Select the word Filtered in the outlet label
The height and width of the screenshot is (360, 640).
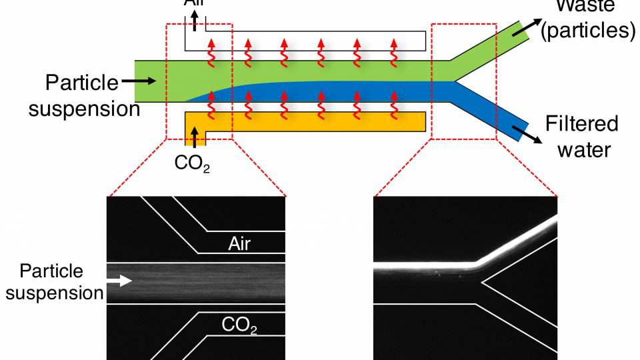coord(582,125)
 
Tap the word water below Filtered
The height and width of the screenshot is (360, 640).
coord(583,149)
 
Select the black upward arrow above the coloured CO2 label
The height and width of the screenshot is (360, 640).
coord(195,138)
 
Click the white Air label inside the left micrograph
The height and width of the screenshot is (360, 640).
coord(239,243)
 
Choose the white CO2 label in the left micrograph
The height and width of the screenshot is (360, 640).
coord(239,325)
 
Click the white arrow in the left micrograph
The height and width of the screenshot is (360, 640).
coord(121,282)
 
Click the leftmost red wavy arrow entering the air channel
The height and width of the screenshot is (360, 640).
coord(211,51)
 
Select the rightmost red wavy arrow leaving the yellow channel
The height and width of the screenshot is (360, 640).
coord(393,101)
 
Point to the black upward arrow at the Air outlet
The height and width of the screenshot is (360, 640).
coord(195,21)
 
